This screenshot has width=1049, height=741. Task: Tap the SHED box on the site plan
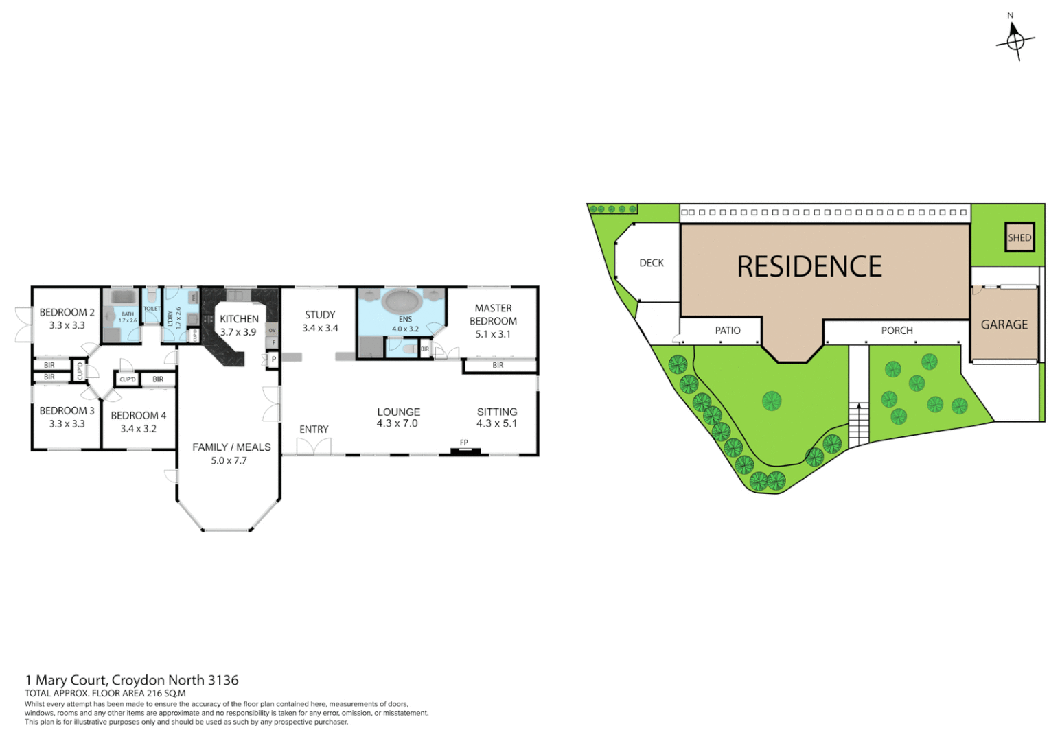click(1019, 237)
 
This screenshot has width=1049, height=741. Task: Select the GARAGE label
click(1004, 325)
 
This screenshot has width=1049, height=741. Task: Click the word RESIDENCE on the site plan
click(809, 267)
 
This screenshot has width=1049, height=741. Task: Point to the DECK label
click(651, 263)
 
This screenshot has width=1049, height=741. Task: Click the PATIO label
click(727, 331)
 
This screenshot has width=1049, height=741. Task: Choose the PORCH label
click(897, 331)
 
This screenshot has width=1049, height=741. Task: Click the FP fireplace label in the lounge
click(464, 443)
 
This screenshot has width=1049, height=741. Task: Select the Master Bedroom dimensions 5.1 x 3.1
click(493, 334)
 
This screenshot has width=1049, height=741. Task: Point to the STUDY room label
click(320, 315)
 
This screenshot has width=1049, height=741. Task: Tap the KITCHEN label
click(239, 319)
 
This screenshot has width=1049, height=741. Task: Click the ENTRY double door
click(314, 446)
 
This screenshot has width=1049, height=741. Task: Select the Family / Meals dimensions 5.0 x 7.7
click(229, 460)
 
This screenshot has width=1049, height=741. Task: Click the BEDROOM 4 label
click(138, 416)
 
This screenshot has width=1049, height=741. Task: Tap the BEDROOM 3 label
click(67, 411)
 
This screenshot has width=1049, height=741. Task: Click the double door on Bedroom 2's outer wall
click(24, 325)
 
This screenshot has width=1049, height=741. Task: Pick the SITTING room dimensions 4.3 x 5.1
click(496, 424)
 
